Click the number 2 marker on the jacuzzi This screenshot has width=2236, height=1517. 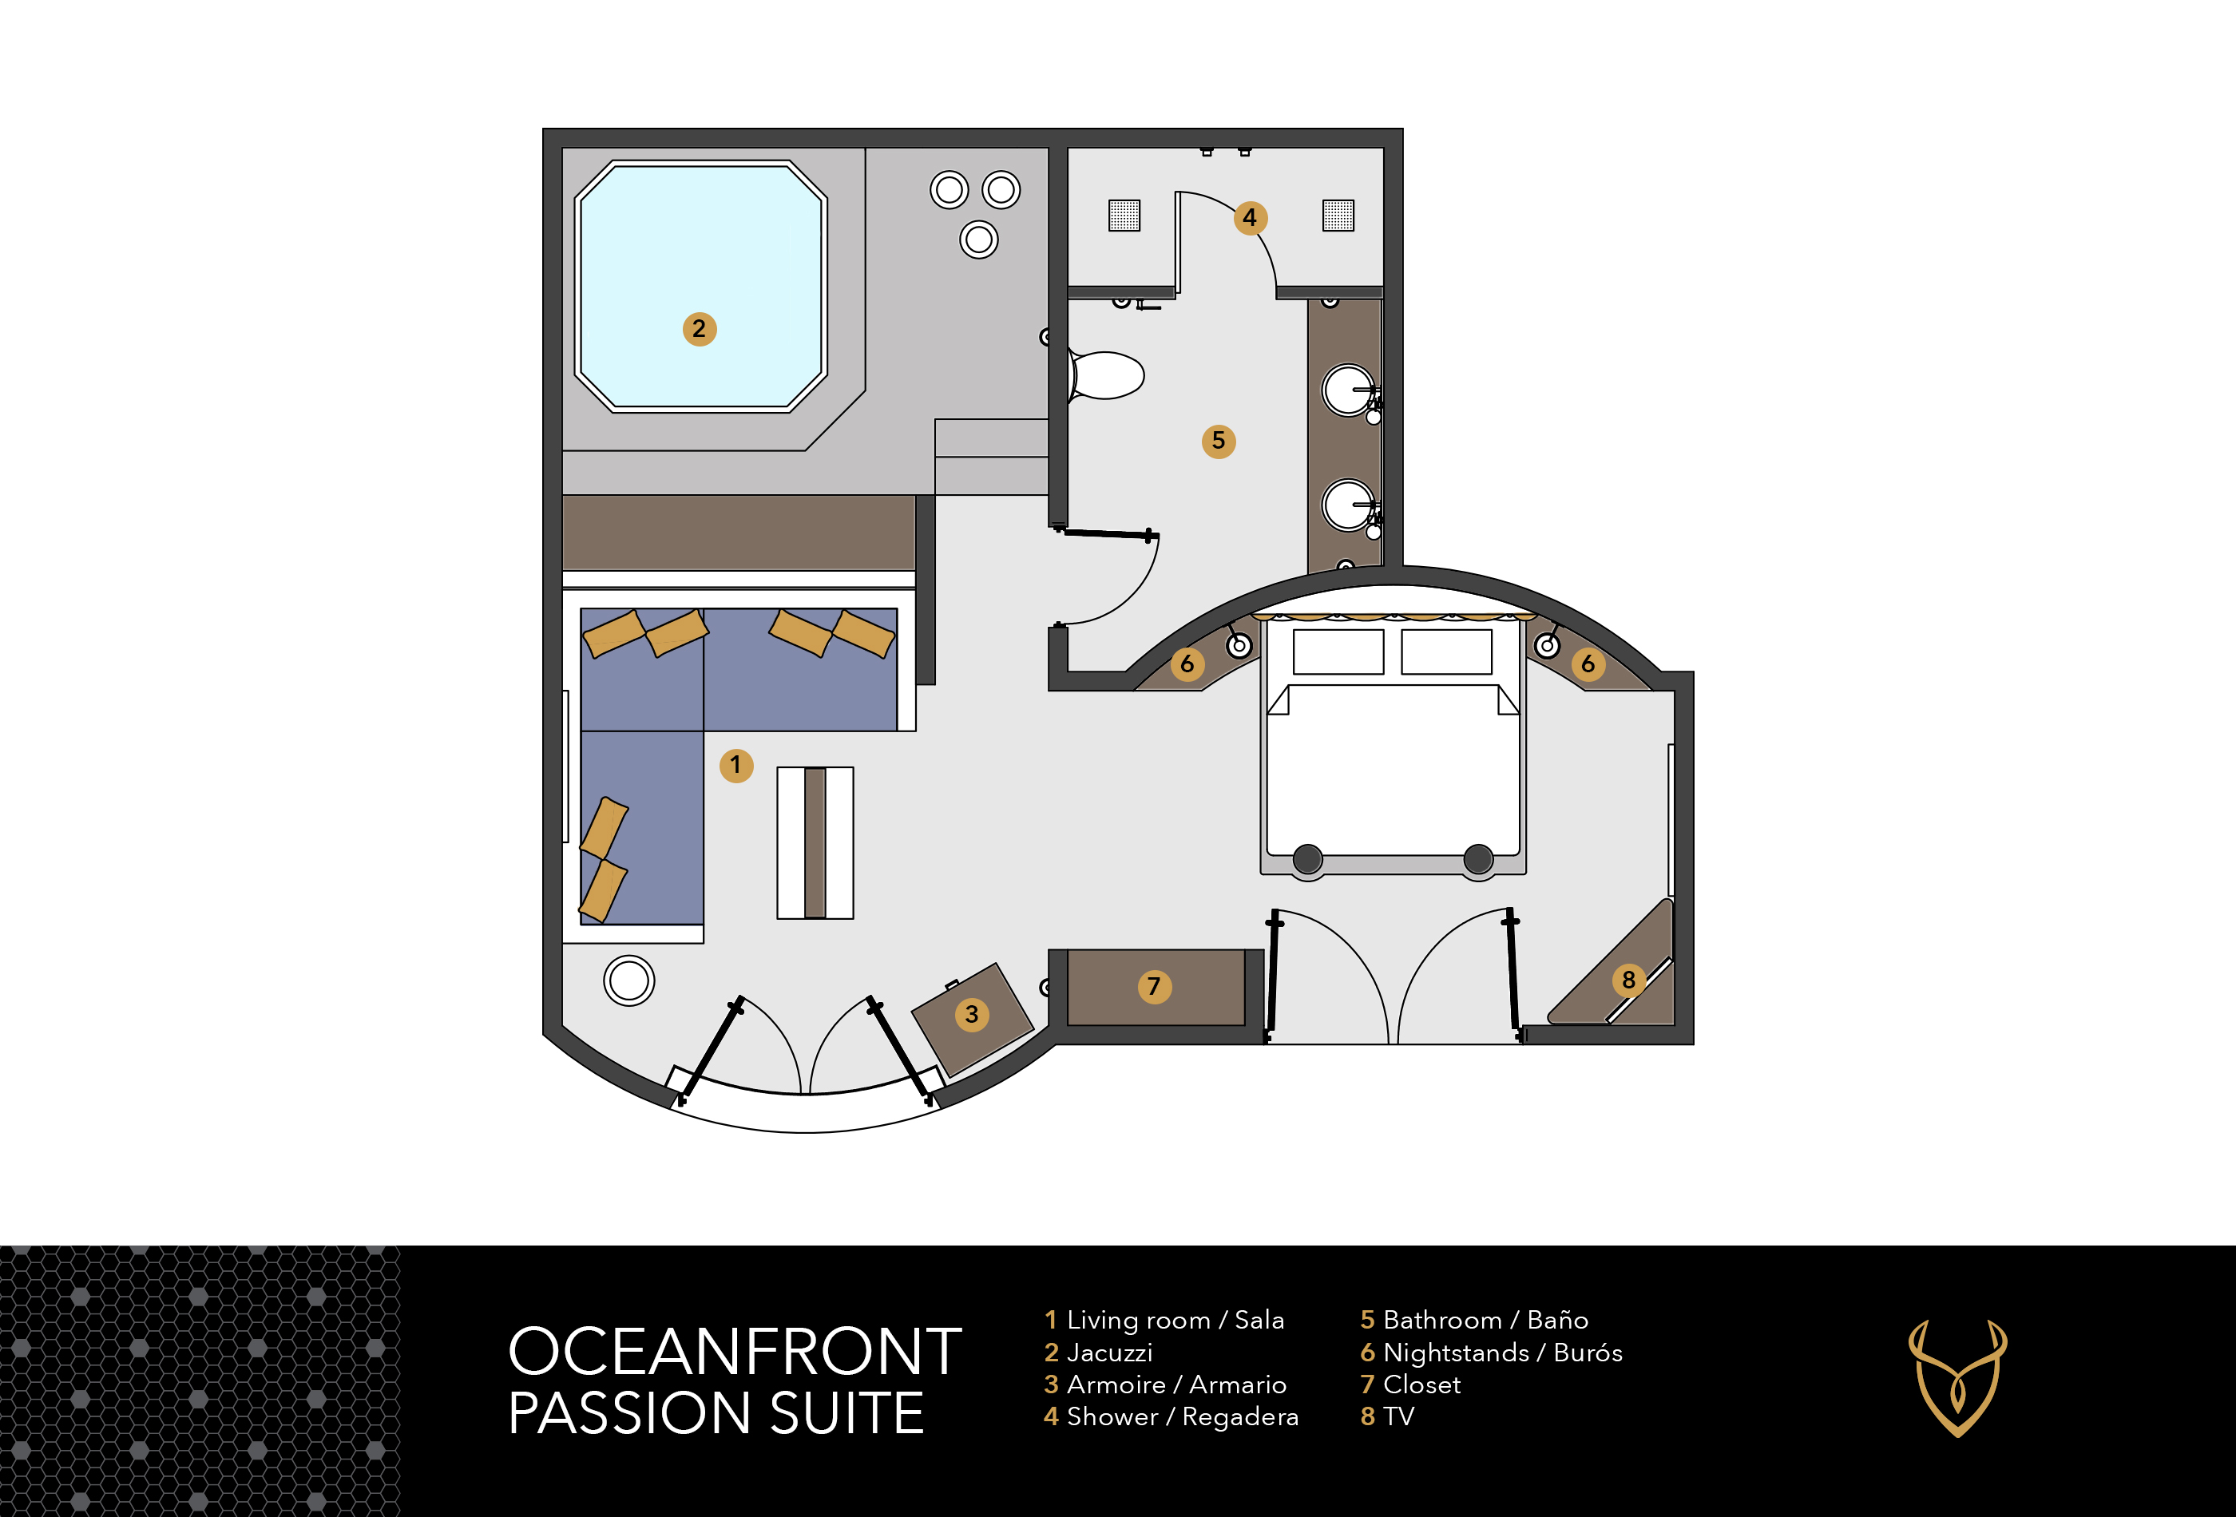pos(700,329)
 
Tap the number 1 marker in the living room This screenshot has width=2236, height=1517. pos(736,766)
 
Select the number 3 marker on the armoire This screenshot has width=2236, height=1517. pos(972,1014)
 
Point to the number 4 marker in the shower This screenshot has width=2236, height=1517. pos(1250,218)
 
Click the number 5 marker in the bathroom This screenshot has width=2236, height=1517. pos(1218,442)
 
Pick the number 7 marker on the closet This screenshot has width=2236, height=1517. pos(1154,986)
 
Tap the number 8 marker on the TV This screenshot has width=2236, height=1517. pos(1628,980)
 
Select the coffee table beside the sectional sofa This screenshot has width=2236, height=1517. pos(815,842)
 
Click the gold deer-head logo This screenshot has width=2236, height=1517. pos(1958,1377)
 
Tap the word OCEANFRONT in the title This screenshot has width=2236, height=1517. pos(735,1352)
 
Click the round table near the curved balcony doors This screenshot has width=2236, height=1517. pos(629,981)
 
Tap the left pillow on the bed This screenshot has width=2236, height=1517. pos(1338,652)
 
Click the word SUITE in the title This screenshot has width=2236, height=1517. pos(846,1413)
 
